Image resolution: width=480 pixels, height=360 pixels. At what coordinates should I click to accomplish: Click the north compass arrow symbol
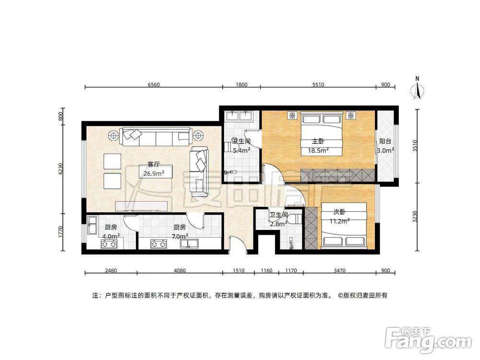click(418, 90)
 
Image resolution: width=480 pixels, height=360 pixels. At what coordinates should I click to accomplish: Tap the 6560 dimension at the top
click(154, 84)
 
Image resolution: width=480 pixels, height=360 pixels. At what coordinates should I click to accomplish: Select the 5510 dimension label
click(318, 84)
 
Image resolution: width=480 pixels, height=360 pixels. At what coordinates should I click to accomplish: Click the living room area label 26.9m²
click(154, 173)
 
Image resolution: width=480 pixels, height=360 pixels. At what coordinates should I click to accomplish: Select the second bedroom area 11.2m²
click(339, 221)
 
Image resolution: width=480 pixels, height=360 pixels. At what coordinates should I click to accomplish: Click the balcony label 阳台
click(385, 142)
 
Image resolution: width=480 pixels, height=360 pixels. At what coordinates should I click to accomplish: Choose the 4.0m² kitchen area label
click(111, 236)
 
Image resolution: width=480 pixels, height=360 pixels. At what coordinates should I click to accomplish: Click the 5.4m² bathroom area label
click(241, 150)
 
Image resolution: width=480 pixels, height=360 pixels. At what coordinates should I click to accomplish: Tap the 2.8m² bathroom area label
click(278, 223)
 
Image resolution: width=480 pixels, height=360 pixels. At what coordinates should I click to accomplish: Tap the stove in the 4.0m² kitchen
click(109, 244)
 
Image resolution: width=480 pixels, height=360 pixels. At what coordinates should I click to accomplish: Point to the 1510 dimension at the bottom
click(238, 271)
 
